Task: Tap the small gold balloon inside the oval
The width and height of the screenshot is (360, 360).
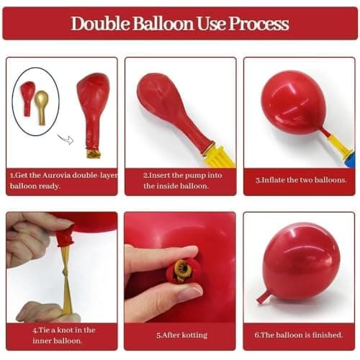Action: pos(42,102)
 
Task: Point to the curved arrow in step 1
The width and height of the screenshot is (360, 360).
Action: pos(66,138)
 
